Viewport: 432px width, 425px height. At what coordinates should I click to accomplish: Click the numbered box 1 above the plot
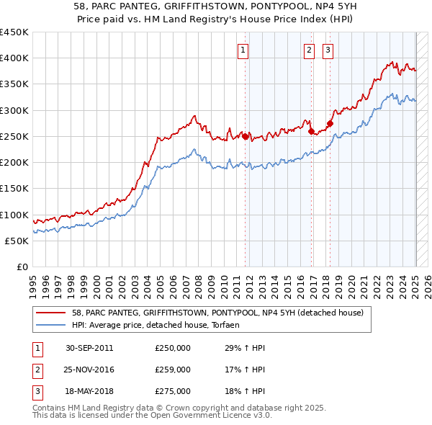tap(243, 50)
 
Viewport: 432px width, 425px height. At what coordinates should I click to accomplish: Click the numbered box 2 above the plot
tap(309, 50)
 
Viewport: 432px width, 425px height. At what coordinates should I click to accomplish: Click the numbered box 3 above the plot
tap(328, 50)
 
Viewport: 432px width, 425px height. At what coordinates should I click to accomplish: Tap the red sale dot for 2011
tap(246, 136)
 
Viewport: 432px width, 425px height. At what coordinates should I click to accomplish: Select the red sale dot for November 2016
tap(312, 131)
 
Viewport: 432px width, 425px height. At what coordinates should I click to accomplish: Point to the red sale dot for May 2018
tap(330, 123)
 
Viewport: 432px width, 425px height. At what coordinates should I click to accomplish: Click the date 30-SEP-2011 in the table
tap(89, 348)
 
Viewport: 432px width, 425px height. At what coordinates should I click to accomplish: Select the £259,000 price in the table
tap(173, 370)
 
